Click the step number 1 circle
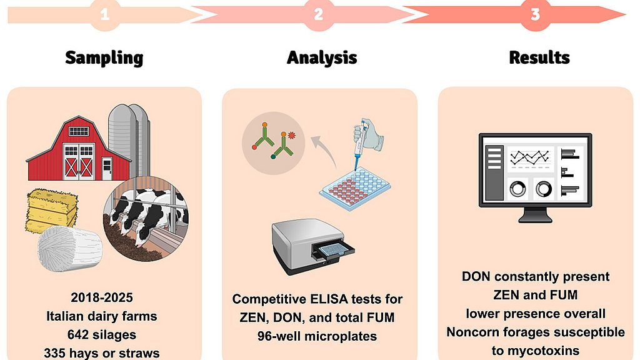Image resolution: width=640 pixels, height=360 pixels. [x=105, y=15]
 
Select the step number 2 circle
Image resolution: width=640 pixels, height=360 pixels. [x=319, y=15]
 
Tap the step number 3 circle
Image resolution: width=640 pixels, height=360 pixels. [x=535, y=15]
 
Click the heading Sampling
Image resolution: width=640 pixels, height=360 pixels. [x=104, y=57]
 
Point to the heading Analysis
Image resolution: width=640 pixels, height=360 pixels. [x=322, y=57]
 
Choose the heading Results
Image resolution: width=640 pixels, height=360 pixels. [x=539, y=57]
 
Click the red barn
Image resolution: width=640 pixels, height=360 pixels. [x=78, y=149]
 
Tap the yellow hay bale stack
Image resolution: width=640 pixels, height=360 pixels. [x=52, y=211]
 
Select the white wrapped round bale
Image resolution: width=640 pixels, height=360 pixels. [x=69, y=249]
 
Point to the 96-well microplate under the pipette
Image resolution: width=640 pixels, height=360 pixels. [x=354, y=190]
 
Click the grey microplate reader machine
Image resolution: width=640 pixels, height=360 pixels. [x=312, y=246]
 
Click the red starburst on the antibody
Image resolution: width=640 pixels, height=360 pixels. [x=292, y=136]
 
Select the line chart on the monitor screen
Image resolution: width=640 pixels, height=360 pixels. [x=531, y=157]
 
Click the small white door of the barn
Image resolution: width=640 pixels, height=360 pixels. [x=106, y=169]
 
